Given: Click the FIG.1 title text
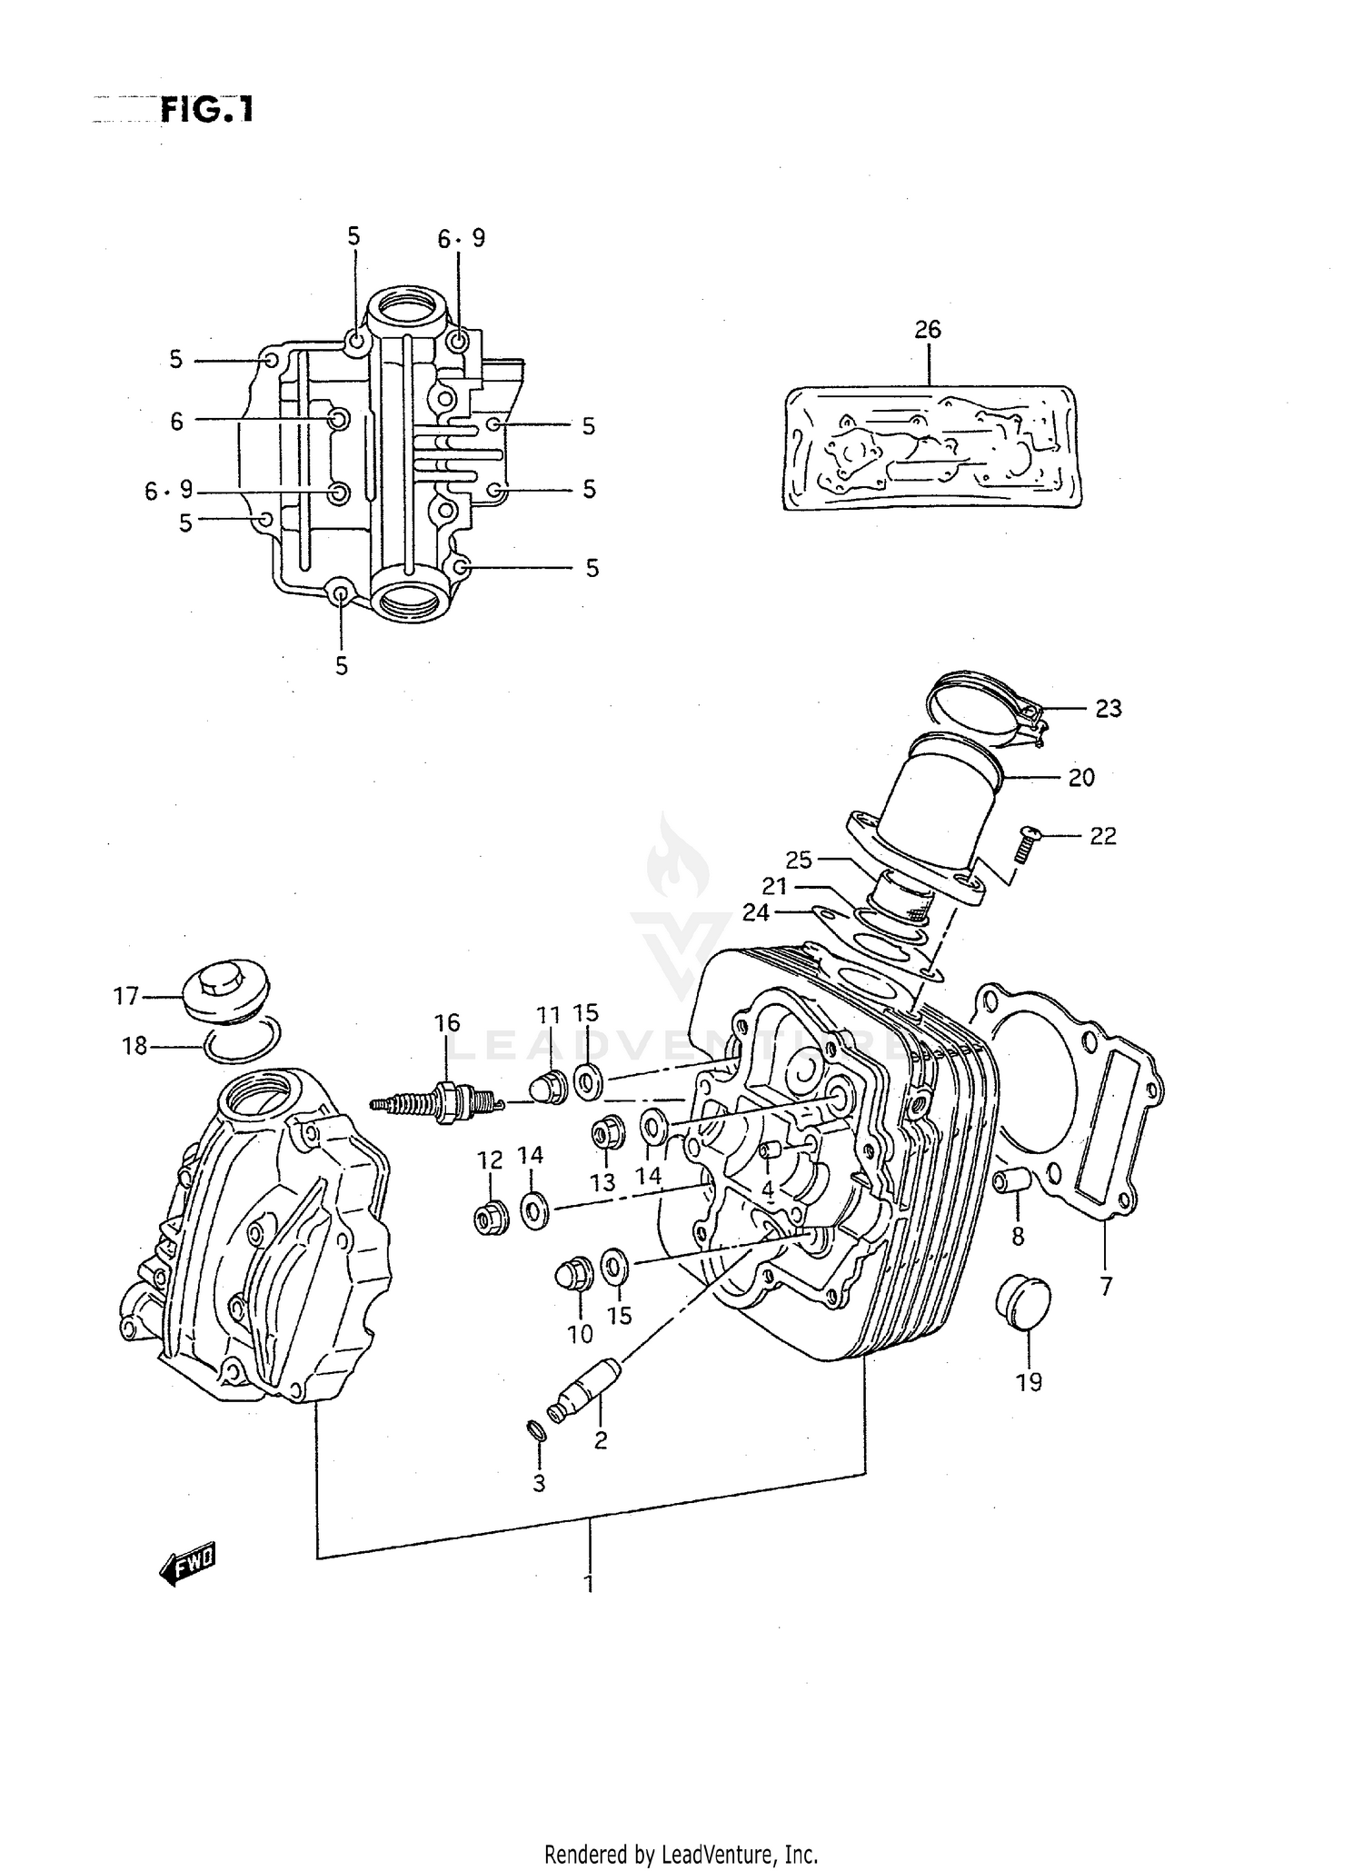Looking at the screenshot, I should [206, 110].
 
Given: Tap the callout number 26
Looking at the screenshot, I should [928, 330].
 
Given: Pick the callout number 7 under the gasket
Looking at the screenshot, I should [1106, 1287].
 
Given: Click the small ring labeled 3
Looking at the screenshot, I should [536, 1433].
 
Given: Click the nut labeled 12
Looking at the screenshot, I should [491, 1216].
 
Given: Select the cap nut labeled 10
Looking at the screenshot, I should [573, 1274].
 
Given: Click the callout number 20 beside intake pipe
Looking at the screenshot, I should [1081, 778].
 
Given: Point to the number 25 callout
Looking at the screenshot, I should [799, 860].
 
